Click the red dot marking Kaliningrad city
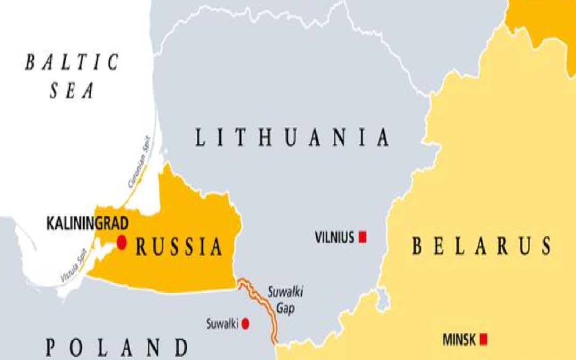tap(122, 243)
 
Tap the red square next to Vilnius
tap(363, 237)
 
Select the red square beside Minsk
tap(484, 339)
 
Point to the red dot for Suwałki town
tap(245, 323)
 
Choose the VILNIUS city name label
tap(334, 237)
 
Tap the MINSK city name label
tap(460, 339)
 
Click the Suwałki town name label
tap(222, 323)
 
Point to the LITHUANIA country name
tap(292, 138)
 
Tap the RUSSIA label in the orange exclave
tap(179, 247)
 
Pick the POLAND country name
tap(117, 348)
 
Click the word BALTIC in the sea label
tap(71, 63)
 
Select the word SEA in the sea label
tap(72, 91)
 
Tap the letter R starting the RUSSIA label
tap(141, 247)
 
